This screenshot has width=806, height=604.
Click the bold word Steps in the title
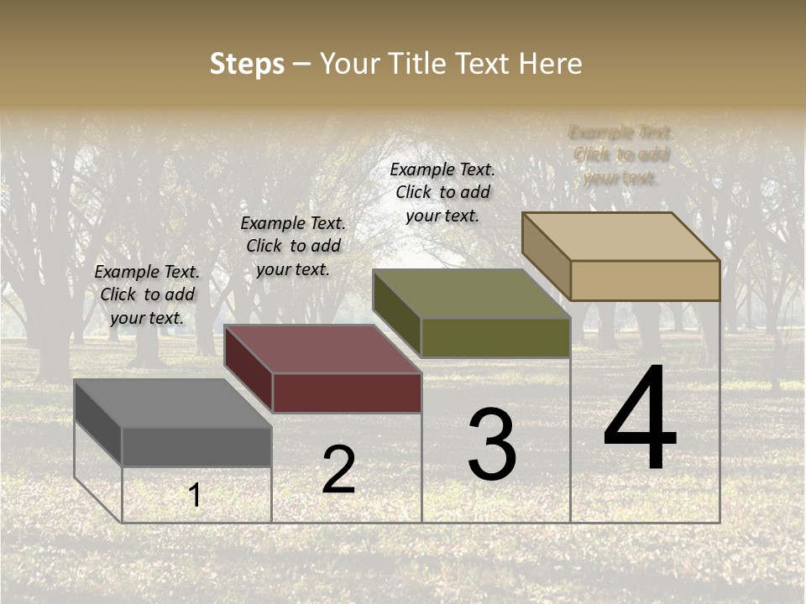coord(247,64)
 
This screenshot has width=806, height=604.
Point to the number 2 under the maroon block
coord(338,470)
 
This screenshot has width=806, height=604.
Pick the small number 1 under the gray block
coord(195,496)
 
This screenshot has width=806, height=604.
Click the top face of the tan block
coord(621,237)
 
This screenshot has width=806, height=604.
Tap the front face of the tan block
coord(645,280)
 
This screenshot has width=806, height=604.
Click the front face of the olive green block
coord(495,337)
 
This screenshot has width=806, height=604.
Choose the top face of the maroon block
coord(323,349)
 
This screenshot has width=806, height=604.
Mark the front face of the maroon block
coord(347,393)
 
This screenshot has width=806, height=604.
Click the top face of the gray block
coord(173,404)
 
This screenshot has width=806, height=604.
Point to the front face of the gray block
coord(196,446)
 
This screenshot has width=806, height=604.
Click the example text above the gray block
coord(147,294)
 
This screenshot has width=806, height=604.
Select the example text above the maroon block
coord(293,246)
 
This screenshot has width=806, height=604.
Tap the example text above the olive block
coord(442,192)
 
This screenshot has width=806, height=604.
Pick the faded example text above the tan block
coord(621,154)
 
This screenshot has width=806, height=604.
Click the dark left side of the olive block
coord(396,312)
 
